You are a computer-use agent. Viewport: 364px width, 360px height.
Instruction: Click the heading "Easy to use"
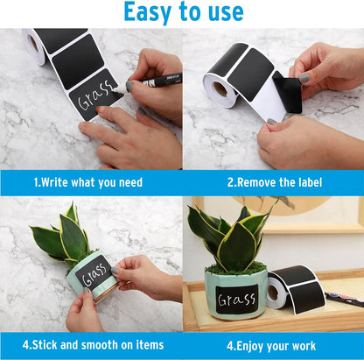(x=182, y=12)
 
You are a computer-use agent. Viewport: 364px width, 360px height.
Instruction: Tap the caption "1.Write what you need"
(x=87, y=182)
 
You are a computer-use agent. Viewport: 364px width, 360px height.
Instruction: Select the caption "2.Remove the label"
(x=275, y=182)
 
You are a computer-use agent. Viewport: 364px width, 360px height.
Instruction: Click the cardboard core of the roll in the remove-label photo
(x=220, y=89)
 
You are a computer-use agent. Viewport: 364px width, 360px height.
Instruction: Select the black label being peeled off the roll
(x=287, y=90)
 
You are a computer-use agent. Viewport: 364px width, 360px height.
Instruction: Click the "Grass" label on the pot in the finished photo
(x=237, y=300)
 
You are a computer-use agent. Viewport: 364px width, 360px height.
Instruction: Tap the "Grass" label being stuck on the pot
(x=94, y=273)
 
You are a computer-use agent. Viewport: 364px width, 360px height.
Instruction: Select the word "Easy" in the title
(x=147, y=12)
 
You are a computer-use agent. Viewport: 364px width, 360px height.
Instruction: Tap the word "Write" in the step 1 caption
(x=57, y=182)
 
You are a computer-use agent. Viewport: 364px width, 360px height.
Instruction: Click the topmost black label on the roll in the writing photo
(x=61, y=38)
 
